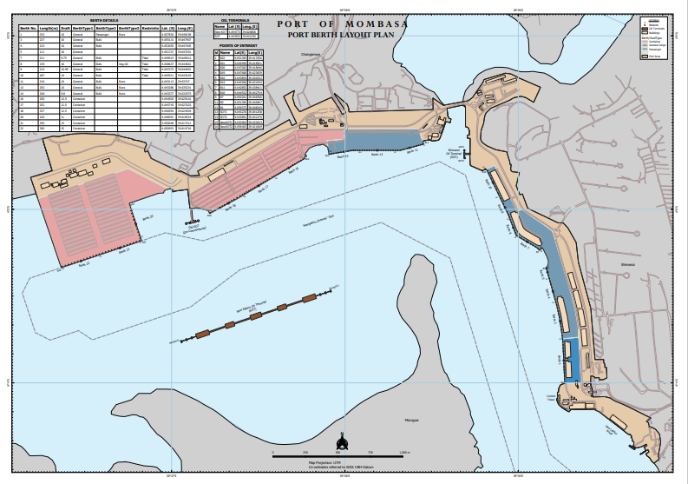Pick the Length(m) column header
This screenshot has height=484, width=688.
point(49,29)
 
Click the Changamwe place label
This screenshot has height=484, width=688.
point(311,55)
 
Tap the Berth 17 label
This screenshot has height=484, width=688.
point(264,188)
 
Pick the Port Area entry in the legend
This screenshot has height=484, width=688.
point(653,56)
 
